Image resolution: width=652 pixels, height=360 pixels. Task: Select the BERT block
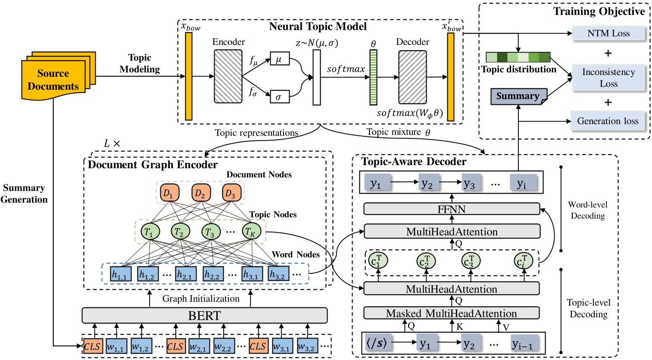point(204,316)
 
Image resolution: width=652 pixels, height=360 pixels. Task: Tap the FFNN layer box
point(452,210)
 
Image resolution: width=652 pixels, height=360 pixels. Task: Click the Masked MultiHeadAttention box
point(452,313)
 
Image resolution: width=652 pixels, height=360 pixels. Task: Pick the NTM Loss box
point(608,34)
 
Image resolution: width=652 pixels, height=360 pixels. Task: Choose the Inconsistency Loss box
point(608,78)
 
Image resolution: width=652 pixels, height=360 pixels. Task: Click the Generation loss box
point(608,121)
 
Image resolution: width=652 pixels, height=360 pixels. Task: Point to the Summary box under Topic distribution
point(518,96)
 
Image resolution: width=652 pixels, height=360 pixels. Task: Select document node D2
point(200,194)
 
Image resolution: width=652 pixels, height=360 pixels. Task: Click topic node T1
point(149,232)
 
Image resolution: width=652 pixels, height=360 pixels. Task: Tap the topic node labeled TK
point(250,232)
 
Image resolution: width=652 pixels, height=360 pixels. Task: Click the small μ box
point(279,59)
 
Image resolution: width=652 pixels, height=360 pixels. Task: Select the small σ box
point(279,97)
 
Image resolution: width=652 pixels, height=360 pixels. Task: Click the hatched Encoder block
point(228,77)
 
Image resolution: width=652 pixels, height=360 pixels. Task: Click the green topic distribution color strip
point(518,57)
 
